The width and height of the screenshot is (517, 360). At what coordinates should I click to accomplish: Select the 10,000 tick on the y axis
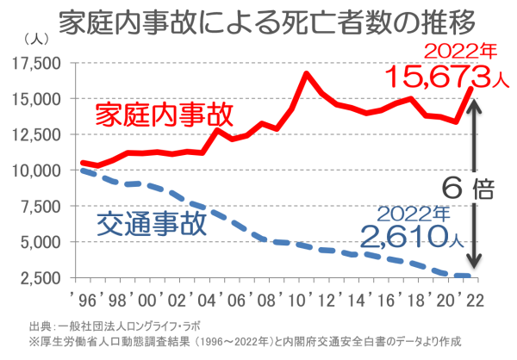pyautogui.click(x=36, y=171)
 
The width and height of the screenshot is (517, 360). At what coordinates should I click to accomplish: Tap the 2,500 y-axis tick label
pyautogui.click(x=40, y=278)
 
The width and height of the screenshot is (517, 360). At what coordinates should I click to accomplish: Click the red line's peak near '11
pyautogui.click(x=306, y=73)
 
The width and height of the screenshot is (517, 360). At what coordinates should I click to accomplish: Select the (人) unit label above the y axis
pyautogui.click(x=38, y=37)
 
